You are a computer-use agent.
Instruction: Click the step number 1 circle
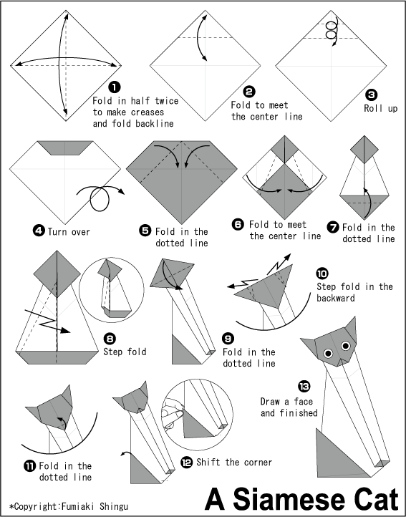(115, 87)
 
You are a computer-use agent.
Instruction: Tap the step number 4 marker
(39, 231)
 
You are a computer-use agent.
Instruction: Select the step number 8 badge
(110, 339)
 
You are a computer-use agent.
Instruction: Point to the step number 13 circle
(304, 387)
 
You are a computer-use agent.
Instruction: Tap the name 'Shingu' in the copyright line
(113, 507)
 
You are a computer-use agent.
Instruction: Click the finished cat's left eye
(328, 353)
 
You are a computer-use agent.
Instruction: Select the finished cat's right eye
(345, 346)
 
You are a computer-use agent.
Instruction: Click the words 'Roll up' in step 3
(380, 108)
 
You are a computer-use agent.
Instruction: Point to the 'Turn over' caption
(69, 232)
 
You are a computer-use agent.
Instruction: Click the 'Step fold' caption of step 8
(125, 352)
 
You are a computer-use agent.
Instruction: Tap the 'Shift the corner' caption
(234, 462)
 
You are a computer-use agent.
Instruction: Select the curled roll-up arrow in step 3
(332, 31)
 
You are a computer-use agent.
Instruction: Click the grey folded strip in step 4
(65, 148)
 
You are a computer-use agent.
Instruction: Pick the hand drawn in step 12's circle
(171, 413)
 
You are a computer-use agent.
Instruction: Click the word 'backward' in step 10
(336, 298)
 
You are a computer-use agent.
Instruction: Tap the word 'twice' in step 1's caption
(167, 100)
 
